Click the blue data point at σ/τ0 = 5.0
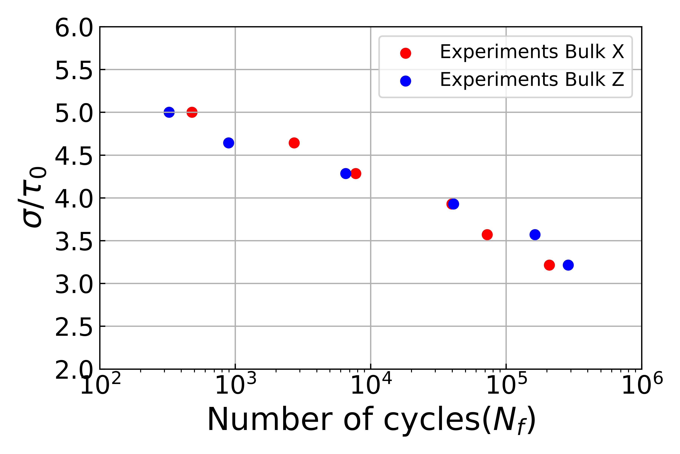tap(169, 112)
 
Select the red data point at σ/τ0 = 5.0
tap(192, 112)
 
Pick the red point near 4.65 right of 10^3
tap(294, 143)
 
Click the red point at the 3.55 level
tap(487, 235)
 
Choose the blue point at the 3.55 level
tap(535, 235)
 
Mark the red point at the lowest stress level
tap(549, 265)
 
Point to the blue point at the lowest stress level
tap(568, 265)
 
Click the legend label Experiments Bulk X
tap(532, 52)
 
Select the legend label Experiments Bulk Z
tap(532, 80)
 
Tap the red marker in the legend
tap(406, 53)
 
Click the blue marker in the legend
tap(406, 81)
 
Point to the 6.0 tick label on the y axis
tap(74, 28)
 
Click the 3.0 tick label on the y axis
tap(74, 285)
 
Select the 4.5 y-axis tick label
tap(74, 156)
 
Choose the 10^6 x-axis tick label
tap(642, 384)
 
